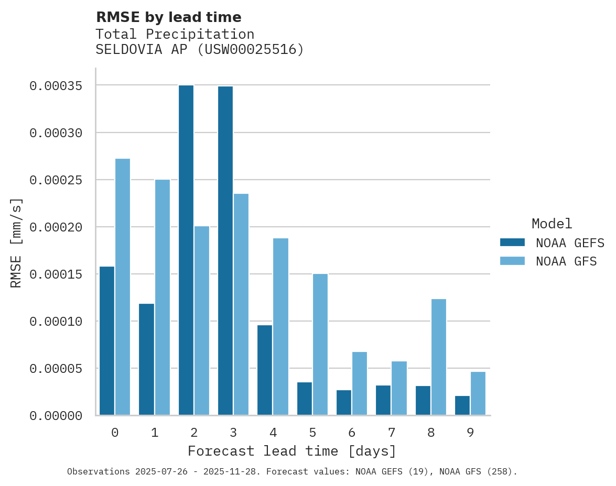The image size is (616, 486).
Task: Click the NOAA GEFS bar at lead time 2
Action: coord(186,250)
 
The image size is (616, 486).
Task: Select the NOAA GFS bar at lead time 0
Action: coord(123,286)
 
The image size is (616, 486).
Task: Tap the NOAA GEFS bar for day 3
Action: coord(225,250)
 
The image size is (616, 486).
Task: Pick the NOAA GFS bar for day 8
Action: coord(438,357)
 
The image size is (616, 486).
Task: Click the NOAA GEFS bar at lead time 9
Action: coord(462,405)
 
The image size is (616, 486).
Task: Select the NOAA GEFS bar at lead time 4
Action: coord(265,370)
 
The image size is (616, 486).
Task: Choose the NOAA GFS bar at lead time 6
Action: coord(360,383)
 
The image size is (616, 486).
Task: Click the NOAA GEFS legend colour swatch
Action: coord(512,242)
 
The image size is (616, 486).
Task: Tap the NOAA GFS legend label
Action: coord(566,261)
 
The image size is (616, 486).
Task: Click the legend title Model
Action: coord(552,224)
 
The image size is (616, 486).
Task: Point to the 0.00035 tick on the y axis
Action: coord(56,85)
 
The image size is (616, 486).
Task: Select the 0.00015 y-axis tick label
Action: coord(56,274)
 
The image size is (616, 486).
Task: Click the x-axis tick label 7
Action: coord(392,433)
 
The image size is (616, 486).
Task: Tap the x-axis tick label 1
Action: coord(155,433)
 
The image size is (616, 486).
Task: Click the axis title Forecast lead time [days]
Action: coord(292,451)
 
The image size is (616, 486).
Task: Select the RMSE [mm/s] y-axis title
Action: coord(16,242)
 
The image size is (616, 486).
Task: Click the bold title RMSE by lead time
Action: coord(168,17)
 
